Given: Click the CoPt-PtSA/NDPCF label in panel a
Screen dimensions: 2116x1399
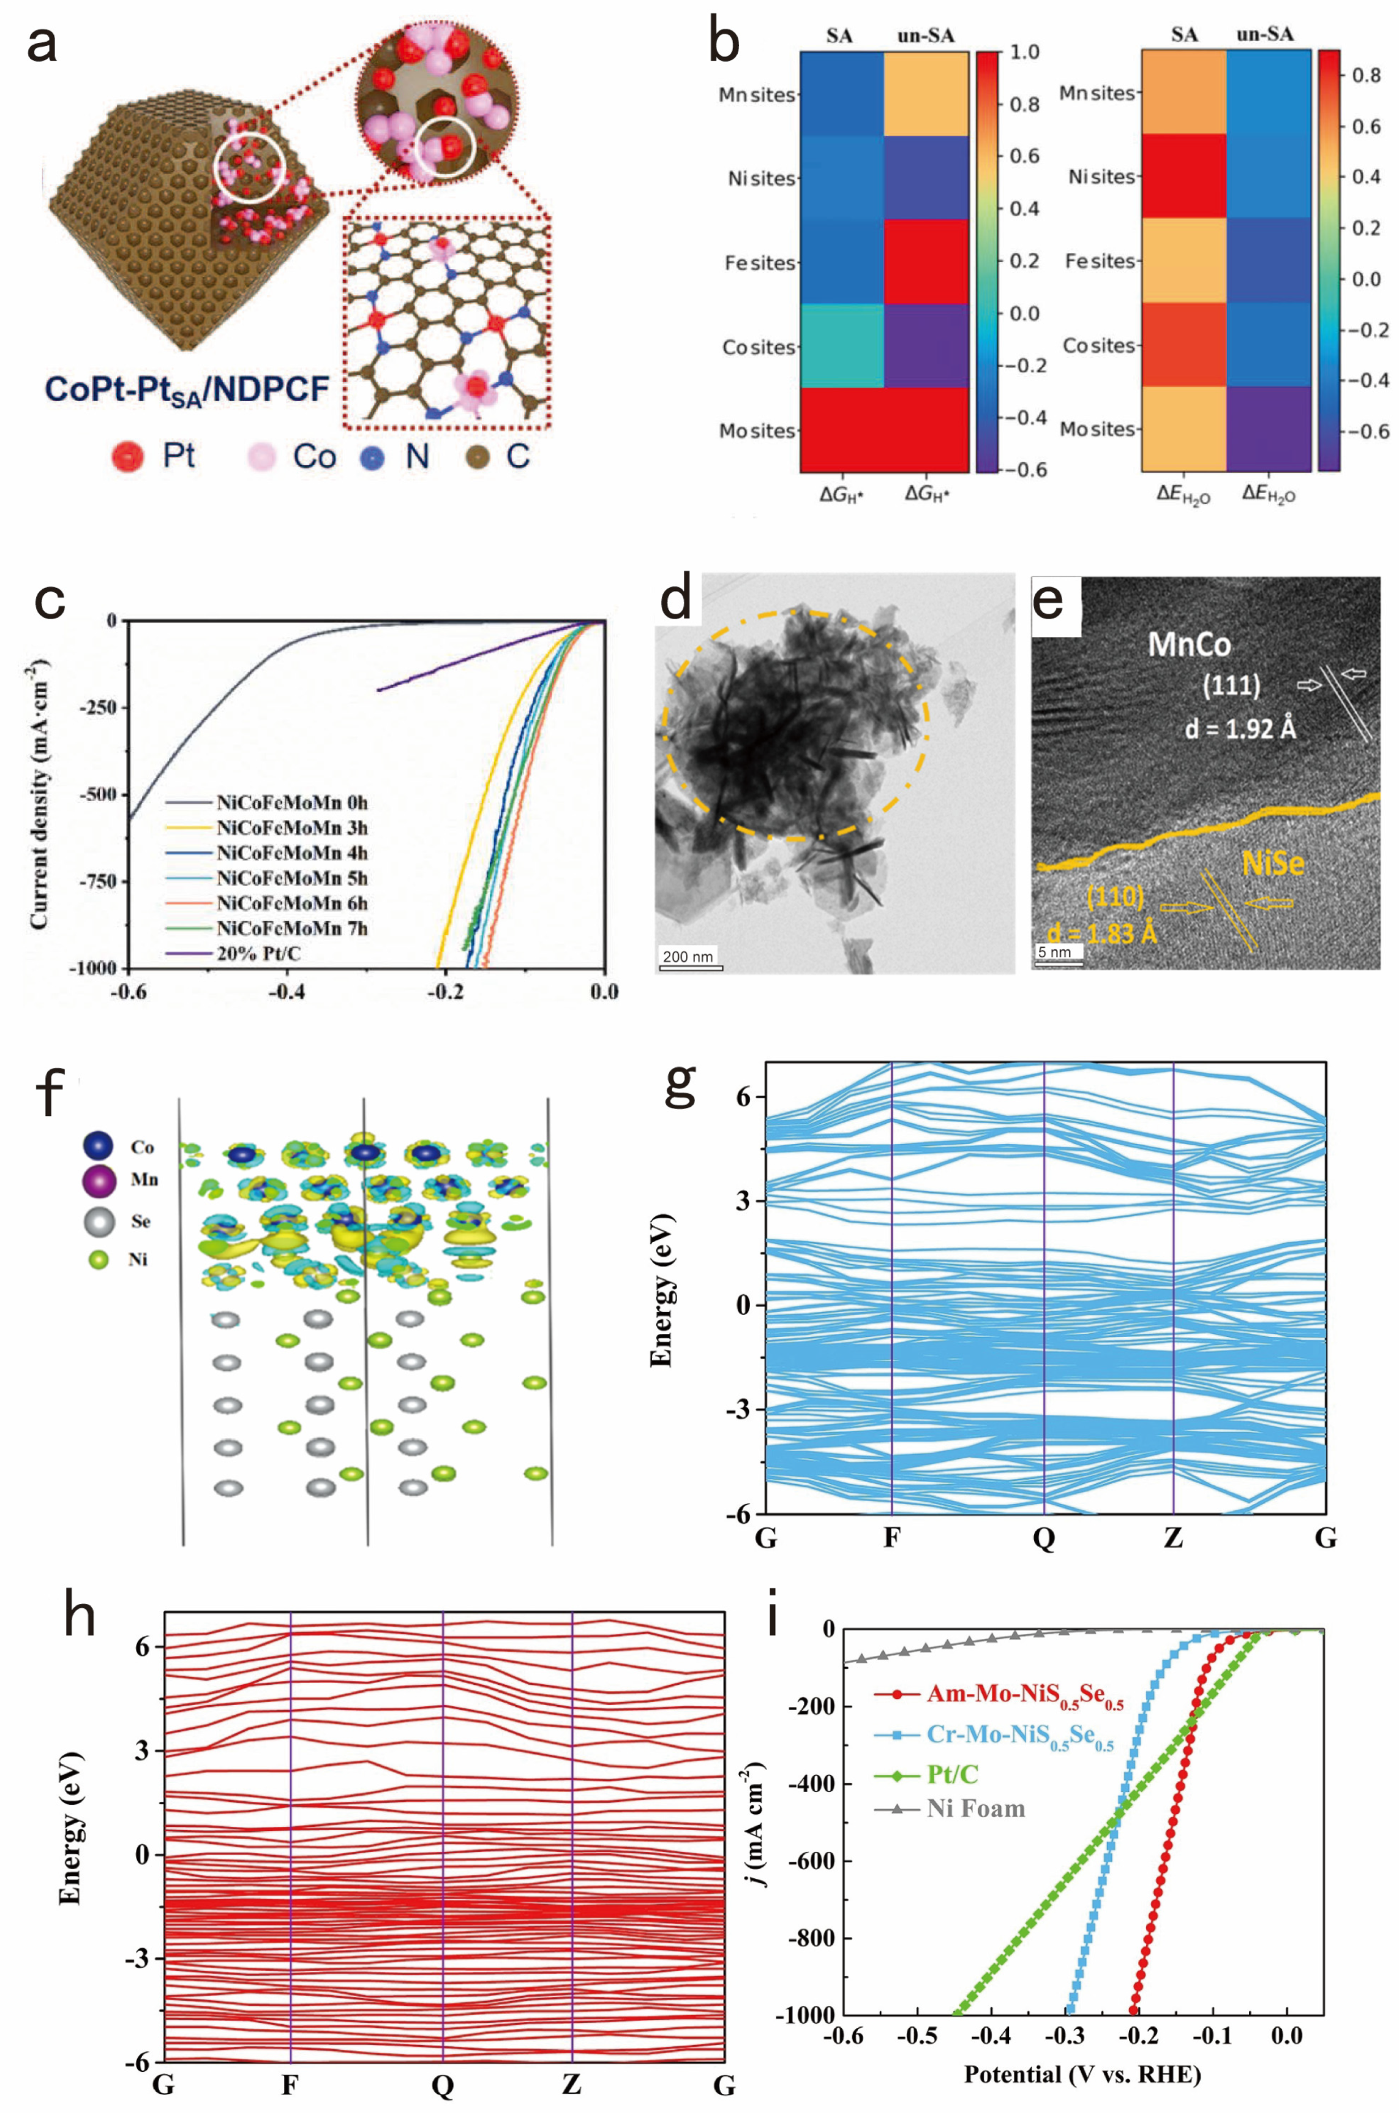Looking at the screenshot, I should (187, 390).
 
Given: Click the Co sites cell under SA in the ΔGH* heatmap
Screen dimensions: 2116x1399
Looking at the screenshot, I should (841, 345).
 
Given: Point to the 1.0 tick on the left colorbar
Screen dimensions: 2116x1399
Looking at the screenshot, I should (1024, 52).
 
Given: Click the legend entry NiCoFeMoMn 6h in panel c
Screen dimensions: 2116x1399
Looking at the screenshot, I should (291, 903).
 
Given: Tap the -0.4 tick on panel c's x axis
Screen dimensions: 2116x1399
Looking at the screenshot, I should (287, 992).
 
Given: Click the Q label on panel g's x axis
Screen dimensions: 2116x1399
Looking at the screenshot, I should (1043, 1538).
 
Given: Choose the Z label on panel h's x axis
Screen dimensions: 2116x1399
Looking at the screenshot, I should (571, 2084).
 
